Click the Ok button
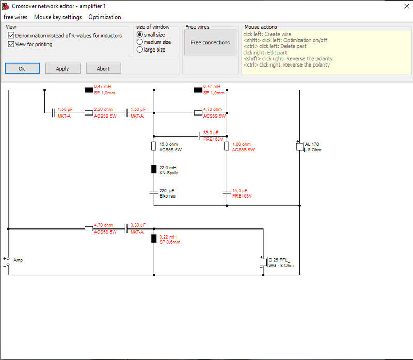[x=22, y=69]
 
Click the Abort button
[x=104, y=69]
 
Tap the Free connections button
[x=210, y=42]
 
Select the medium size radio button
[x=140, y=42]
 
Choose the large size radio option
[x=140, y=50]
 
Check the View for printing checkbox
[x=11, y=44]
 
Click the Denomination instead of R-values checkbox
[x=11, y=35]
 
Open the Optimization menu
[x=105, y=17]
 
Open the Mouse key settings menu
[x=58, y=17]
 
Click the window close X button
[x=407, y=6]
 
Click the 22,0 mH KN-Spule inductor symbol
[x=154, y=169]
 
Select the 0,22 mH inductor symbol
[x=154, y=239]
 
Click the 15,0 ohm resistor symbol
[x=154, y=146]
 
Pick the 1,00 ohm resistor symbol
[x=227, y=146]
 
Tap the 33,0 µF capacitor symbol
[x=199, y=136]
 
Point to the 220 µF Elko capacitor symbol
[x=154, y=193]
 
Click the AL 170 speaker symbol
[x=300, y=146]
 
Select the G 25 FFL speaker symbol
[x=263, y=263]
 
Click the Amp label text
[x=18, y=260]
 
